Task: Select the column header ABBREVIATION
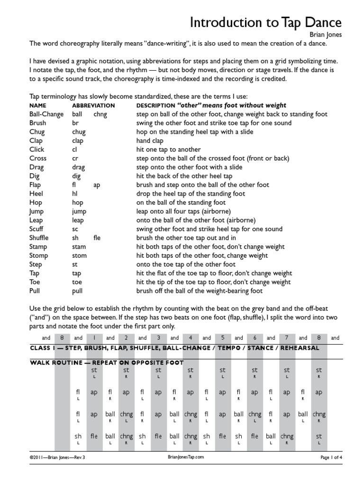(93, 105)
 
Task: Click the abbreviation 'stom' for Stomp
(79, 255)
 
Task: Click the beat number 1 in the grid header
(94, 338)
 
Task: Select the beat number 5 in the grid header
(222, 338)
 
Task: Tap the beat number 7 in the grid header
(287, 338)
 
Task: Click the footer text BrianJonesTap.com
(186, 470)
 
